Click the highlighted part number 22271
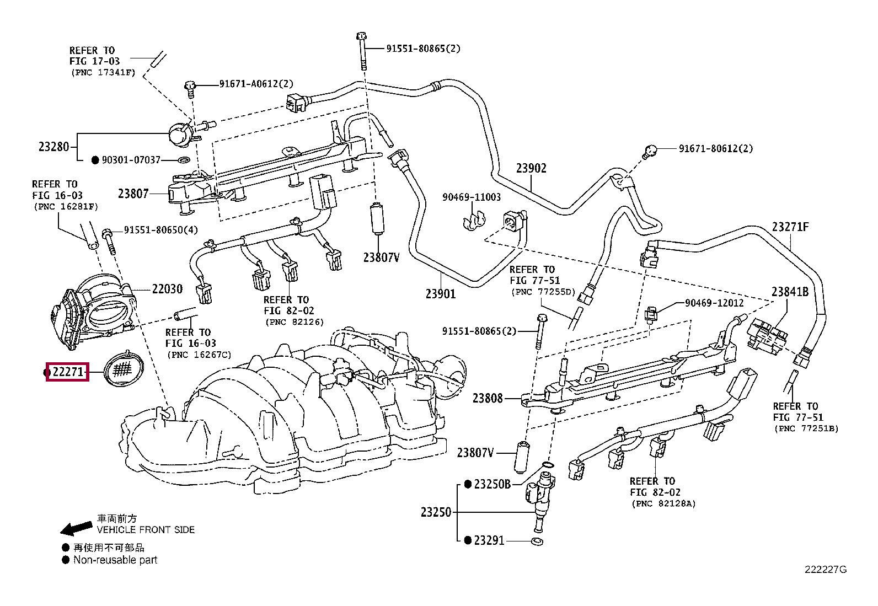(67, 373)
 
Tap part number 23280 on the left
(53, 147)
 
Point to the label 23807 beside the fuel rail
(133, 194)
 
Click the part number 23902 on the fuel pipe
(531, 169)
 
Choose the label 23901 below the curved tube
(441, 293)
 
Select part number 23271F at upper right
(790, 227)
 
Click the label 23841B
(790, 292)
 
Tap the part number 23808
(488, 398)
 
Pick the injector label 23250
(436, 512)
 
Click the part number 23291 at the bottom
(489, 541)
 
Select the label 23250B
(492, 485)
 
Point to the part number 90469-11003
(472, 197)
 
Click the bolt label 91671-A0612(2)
(256, 84)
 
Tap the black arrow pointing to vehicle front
(76, 528)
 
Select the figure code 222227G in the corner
(825, 570)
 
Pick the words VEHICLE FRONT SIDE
(146, 530)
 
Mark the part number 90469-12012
(714, 303)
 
